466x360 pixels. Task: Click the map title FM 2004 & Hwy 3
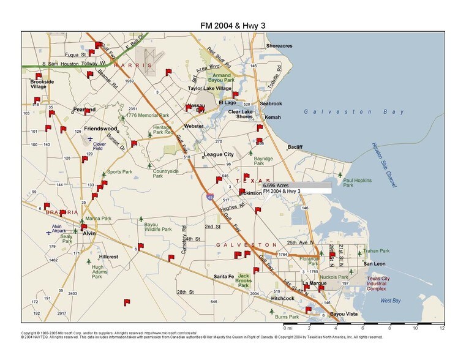pos(233,26)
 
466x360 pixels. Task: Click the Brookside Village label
pos(42,84)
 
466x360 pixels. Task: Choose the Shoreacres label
pos(279,46)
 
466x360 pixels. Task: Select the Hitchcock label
pos(283,298)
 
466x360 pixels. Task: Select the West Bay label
pos(391,301)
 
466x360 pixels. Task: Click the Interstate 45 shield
pos(210,197)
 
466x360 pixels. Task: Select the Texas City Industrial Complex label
pos(381,283)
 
